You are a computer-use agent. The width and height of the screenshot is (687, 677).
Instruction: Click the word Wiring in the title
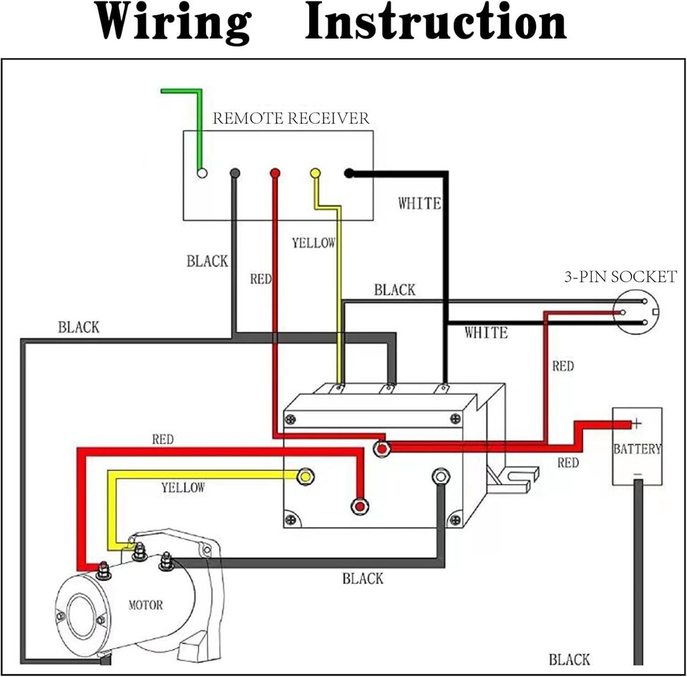pyautogui.click(x=174, y=23)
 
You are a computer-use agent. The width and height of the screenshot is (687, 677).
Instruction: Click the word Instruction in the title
pyautogui.click(x=436, y=23)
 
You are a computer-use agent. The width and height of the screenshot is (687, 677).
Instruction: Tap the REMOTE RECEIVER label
pyautogui.click(x=291, y=118)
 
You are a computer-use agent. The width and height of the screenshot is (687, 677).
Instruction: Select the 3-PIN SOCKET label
pyautogui.click(x=620, y=277)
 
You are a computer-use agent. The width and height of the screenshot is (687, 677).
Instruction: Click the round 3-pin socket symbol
pyautogui.click(x=635, y=313)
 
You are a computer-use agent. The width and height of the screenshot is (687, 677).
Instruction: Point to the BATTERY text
pyautogui.click(x=637, y=449)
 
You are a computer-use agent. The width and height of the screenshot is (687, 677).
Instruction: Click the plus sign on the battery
pyautogui.click(x=636, y=424)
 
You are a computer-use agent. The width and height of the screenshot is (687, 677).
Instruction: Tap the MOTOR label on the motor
pyautogui.click(x=145, y=605)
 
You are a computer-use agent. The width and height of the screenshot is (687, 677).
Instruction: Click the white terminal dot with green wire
pyautogui.click(x=202, y=173)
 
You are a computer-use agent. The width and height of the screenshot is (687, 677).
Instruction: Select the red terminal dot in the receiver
pyautogui.click(x=274, y=173)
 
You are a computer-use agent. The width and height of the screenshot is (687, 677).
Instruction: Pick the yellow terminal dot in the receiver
pyautogui.click(x=315, y=173)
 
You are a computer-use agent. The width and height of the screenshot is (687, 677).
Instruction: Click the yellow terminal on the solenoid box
pyautogui.click(x=306, y=476)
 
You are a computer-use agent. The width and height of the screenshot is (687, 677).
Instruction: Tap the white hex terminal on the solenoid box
pyautogui.click(x=441, y=476)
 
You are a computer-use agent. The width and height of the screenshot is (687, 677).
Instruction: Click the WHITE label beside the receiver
pyautogui.click(x=419, y=204)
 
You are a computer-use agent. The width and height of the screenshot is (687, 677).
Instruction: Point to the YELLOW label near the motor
pyautogui.click(x=182, y=487)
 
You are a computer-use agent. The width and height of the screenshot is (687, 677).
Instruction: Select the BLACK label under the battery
pyautogui.click(x=570, y=659)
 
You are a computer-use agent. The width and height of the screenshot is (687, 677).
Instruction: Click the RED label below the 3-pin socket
pyautogui.click(x=562, y=366)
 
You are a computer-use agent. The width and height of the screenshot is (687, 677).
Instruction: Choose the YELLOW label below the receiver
pyautogui.click(x=313, y=243)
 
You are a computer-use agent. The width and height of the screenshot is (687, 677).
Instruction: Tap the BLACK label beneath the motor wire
pyautogui.click(x=363, y=578)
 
